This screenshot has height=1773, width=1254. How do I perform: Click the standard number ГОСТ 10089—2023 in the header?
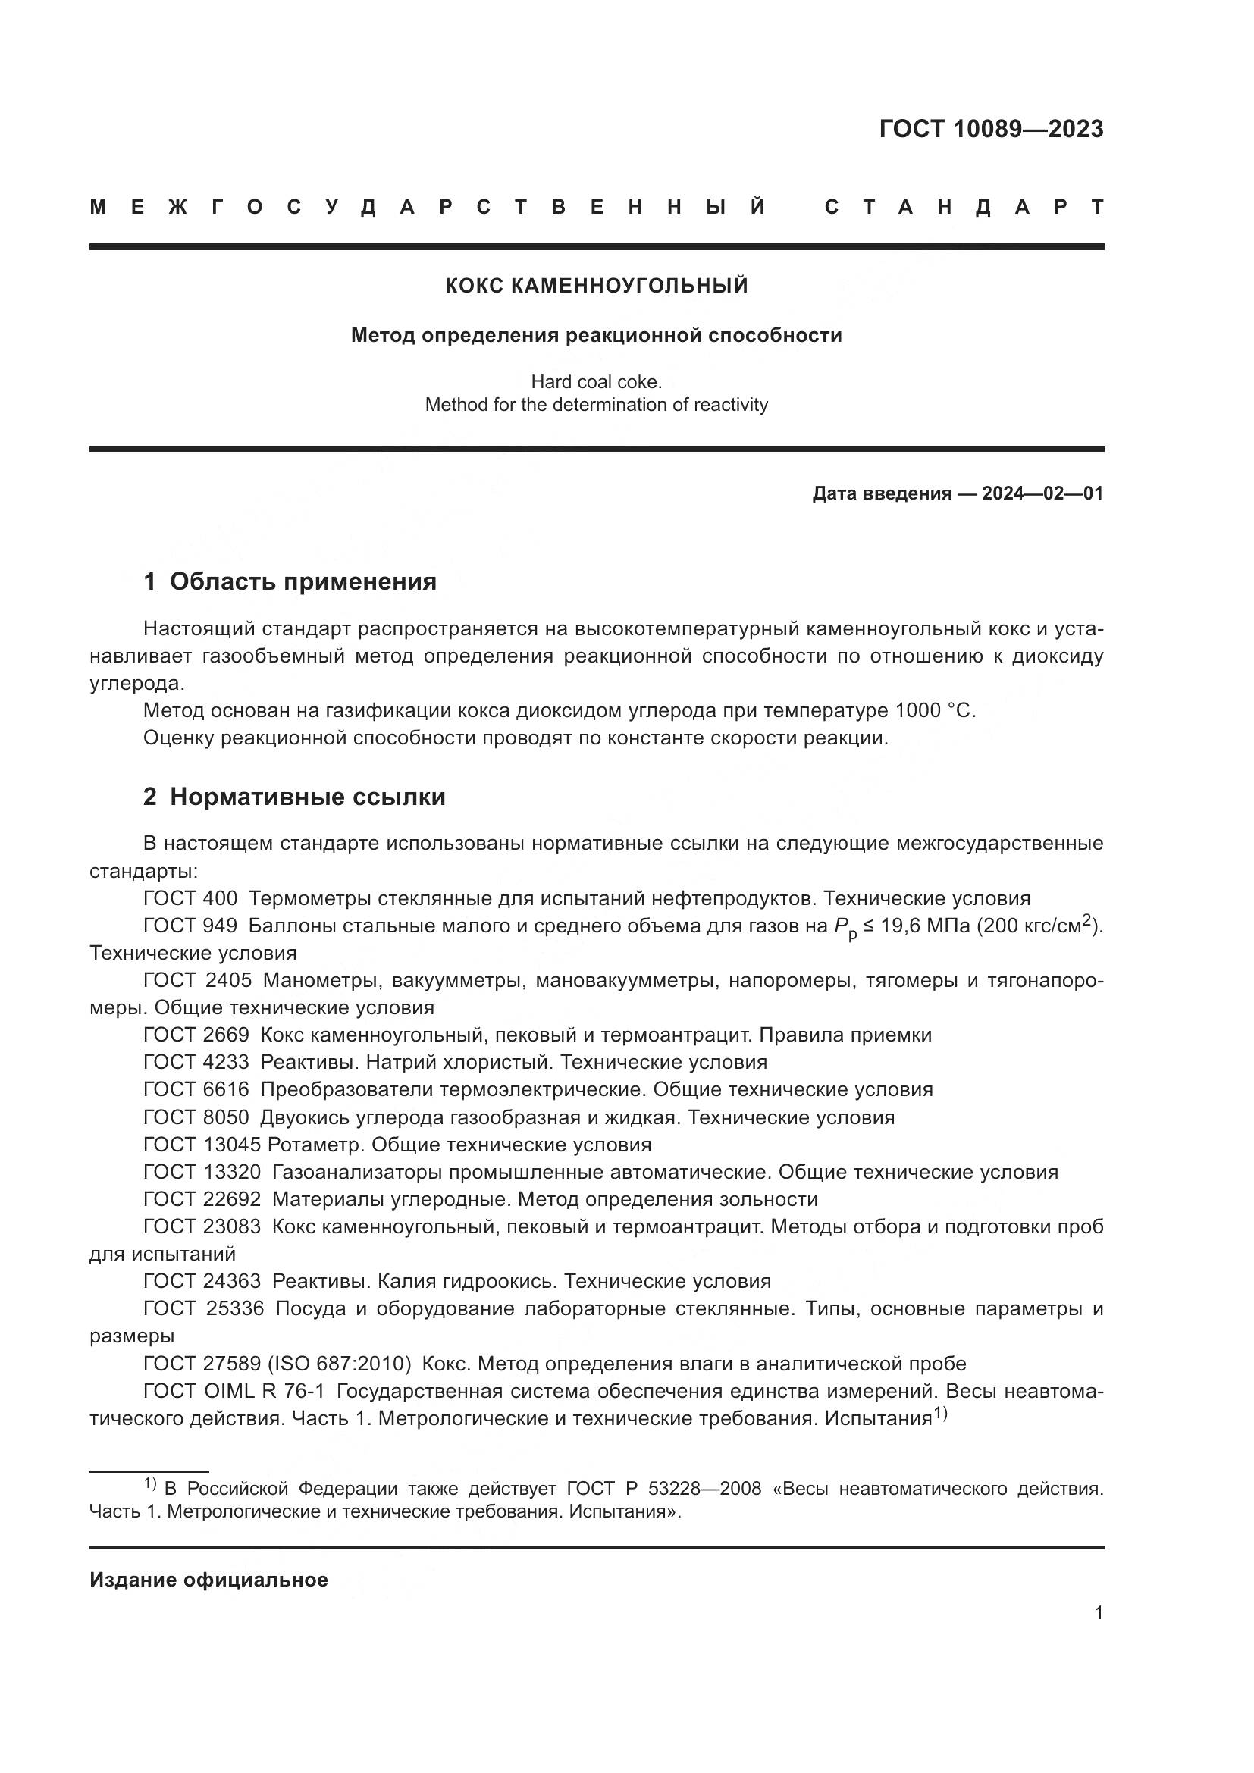click(x=991, y=129)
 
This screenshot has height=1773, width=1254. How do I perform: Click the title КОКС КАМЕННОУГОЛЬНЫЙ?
click(x=596, y=286)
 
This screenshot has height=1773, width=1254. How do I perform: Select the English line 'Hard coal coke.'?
click(x=596, y=381)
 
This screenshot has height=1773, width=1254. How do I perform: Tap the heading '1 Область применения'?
click(x=290, y=581)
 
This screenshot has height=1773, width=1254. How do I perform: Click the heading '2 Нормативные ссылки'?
click(x=294, y=797)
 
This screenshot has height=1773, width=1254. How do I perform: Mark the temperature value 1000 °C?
click(x=935, y=710)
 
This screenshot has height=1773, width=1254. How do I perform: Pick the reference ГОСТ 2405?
click(x=198, y=980)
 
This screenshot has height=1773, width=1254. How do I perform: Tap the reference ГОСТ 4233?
click(x=196, y=1062)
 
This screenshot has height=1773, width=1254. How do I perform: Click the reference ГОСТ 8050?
click(x=196, y=1117)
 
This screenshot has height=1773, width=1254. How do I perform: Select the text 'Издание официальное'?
click(x=208, y=1580)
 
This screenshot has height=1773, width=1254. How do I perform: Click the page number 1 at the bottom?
click(x=1098, y=1613)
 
